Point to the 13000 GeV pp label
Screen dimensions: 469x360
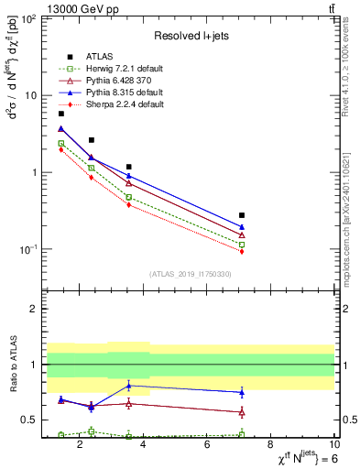point(70,8)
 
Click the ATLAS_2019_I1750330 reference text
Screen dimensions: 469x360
point(190,274)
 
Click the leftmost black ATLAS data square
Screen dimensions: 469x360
point(60,114)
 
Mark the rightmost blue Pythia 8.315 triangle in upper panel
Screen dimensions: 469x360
point(242,226)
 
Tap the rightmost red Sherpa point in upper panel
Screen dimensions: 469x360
point(242,251)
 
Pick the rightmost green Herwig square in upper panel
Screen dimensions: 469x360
point(242,245)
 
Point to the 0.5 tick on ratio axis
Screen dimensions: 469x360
point(31,420)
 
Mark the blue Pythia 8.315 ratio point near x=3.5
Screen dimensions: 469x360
point(128,386)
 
